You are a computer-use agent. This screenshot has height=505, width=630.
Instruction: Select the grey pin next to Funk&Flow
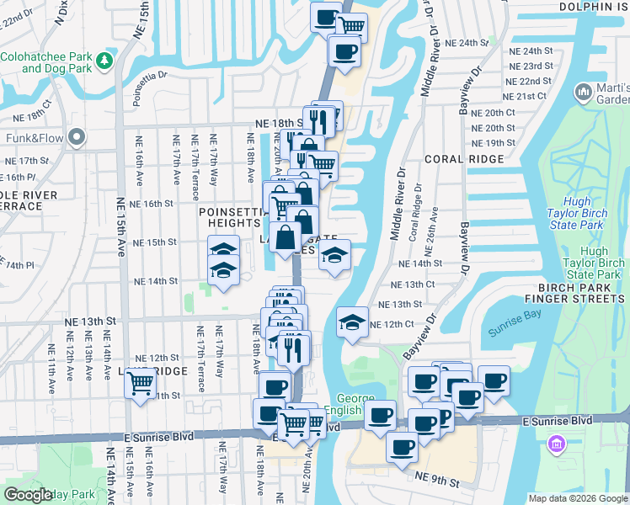click(77, 136)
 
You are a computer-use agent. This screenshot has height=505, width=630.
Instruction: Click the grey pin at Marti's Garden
click(583, 91)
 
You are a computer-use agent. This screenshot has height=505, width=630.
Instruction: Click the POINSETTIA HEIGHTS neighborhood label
click(230, 217)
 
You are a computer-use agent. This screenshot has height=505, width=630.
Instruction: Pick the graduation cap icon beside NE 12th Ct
click(352, 322)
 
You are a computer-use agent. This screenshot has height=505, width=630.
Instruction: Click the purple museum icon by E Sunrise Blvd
click(556, 444)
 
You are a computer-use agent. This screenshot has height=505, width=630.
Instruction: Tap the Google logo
click(28, 495)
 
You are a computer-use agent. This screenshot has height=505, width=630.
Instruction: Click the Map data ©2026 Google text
click(577, 498)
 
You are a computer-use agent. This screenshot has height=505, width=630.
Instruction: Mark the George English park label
click(361, 405)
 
